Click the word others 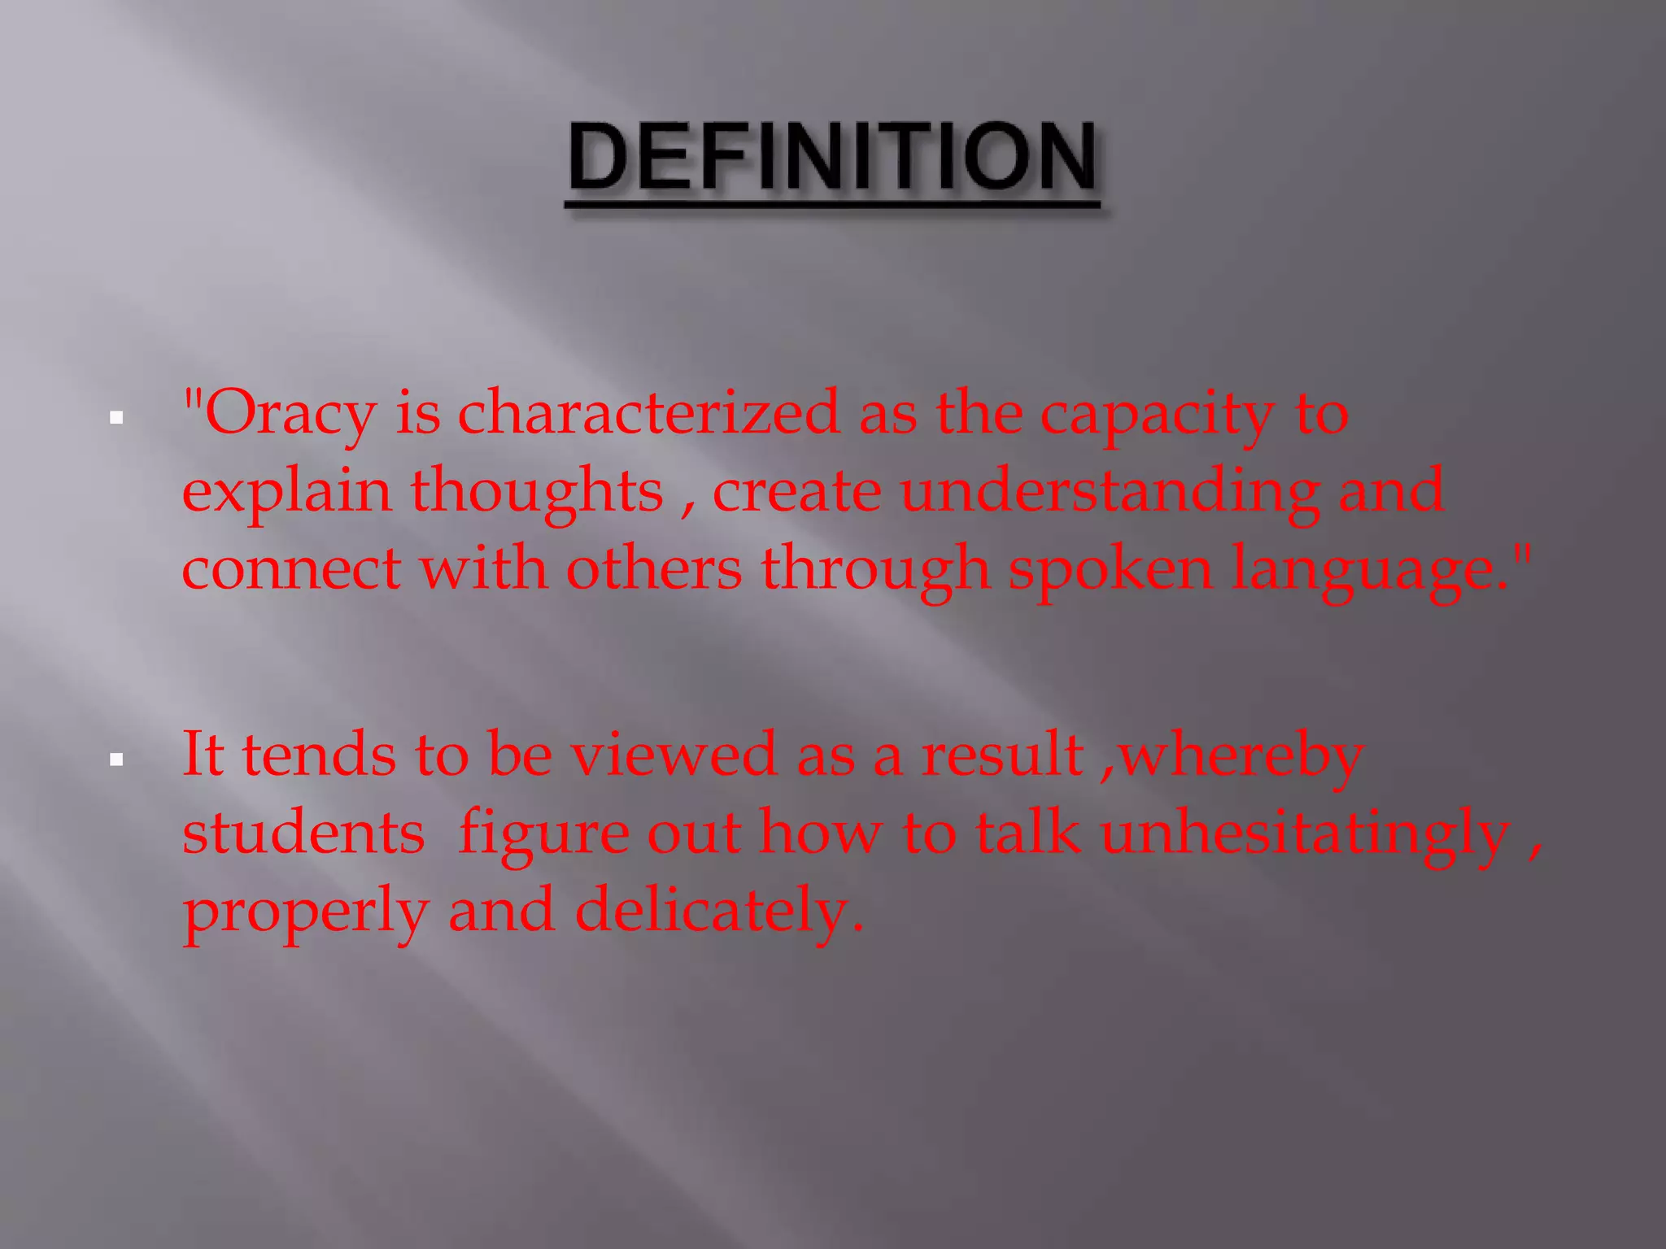(654, 568)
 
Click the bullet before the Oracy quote (117, 419)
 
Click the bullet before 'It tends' (117, 760)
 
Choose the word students (303, 833)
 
